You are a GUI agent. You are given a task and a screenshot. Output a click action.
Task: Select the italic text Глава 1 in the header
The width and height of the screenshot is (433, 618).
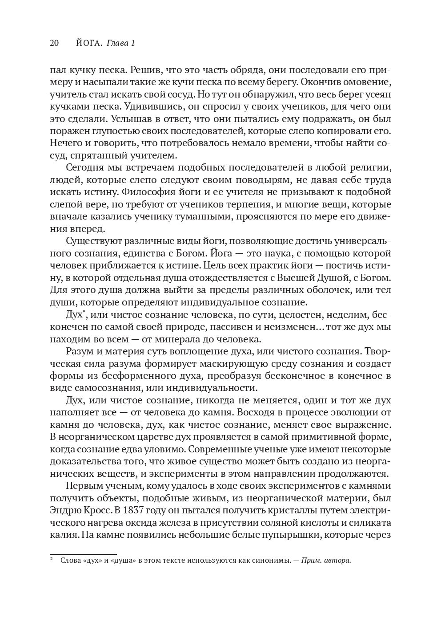click(121, 43)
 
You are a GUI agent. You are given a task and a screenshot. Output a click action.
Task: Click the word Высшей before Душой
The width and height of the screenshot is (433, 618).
click(301, 278)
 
